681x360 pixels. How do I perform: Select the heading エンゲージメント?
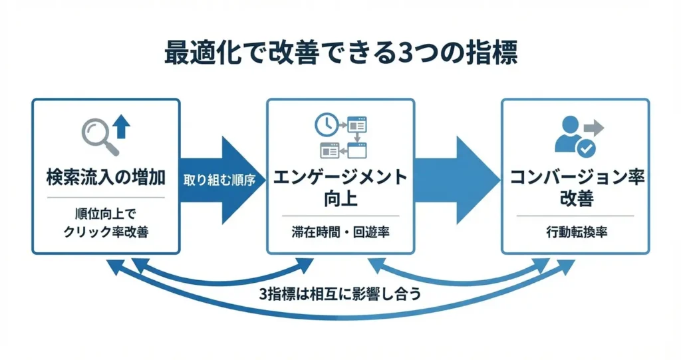tap(340, 178)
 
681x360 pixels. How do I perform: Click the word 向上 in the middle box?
tap(340, 198)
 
